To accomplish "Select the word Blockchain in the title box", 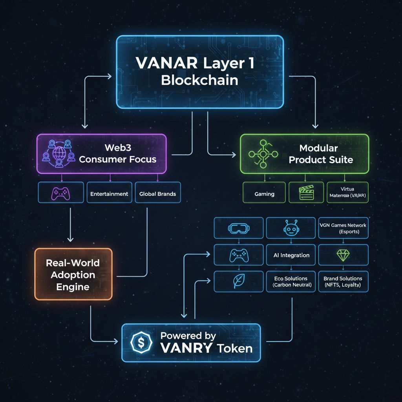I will [200, 80].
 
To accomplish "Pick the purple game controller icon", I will [61, 193].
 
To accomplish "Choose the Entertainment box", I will [109, 193].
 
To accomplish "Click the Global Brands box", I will [157, 193].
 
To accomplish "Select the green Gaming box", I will [264, 193].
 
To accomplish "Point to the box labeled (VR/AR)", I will [347, 193].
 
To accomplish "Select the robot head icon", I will [291, 228].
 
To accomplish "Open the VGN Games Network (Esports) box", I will [344, 228].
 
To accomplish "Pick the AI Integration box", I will [291, 255].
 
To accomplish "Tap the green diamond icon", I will [343, 255].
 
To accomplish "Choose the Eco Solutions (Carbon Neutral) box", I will [291, 281].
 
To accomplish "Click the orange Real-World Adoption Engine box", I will [73, 274].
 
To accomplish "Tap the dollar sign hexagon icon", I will [141, 342].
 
